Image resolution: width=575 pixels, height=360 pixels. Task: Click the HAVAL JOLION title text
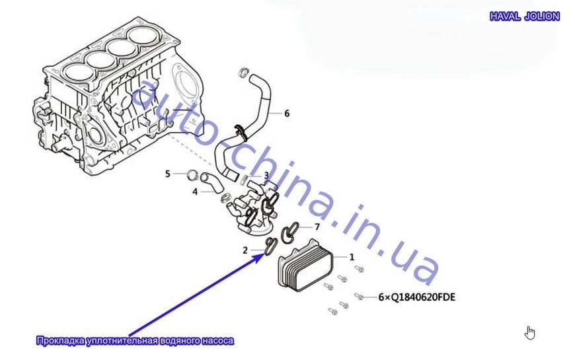tap(525, 16)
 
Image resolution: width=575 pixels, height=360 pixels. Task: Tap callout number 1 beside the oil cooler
tap(352, 256)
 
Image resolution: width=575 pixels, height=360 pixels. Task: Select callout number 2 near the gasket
tap(245, 250)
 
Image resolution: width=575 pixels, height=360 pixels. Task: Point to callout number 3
tap(266, 175)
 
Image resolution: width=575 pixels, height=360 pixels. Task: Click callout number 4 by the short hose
tap(195, 192)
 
